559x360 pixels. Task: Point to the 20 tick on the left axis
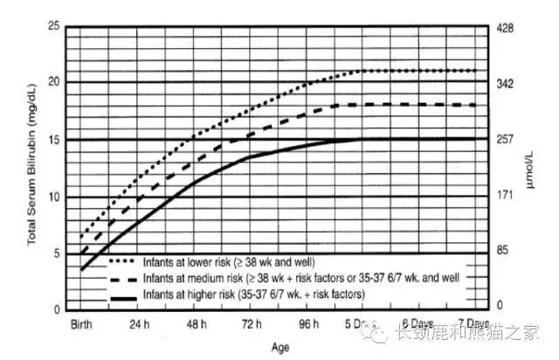(56, 83)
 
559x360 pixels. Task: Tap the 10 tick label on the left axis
(56, 197)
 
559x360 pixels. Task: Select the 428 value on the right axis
(508, 28)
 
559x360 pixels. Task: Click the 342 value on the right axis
(508, 84)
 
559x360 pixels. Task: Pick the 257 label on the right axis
(508, 140)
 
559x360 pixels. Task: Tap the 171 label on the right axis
(508, 195)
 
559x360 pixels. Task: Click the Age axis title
(279, 347)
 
